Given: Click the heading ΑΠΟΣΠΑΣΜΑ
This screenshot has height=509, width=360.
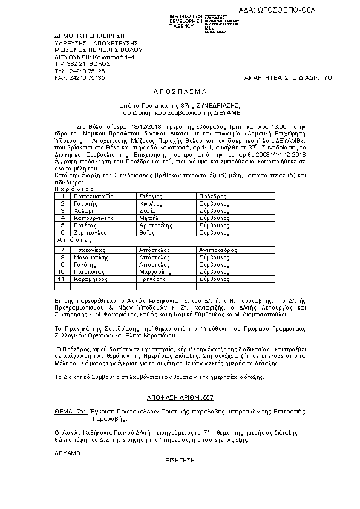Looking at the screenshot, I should pos(180,91).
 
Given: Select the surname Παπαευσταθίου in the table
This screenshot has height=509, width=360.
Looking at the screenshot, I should pos(94,196).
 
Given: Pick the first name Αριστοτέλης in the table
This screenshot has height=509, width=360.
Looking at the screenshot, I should pos(156,224).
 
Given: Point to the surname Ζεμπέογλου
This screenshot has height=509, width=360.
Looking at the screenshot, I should pos(90,232).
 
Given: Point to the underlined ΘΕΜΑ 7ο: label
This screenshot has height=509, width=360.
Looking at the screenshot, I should pos(69,409).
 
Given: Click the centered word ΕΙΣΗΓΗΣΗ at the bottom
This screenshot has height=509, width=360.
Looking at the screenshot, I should pos(179,459).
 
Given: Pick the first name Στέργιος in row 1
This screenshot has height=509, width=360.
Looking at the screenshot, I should pos(150,196).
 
